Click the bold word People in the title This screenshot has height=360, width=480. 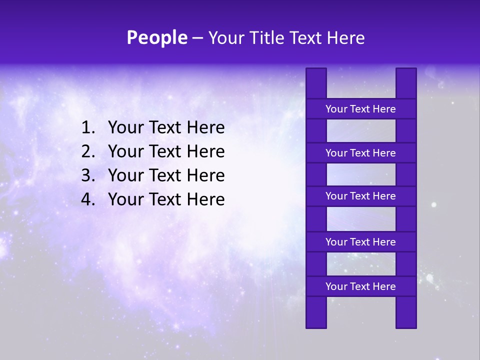click(156, 38)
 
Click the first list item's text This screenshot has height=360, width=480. click(166, 128)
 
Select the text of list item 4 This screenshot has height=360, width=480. click(166, 199)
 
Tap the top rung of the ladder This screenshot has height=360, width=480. click(360, 109)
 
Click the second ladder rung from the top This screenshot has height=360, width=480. click(360, 153)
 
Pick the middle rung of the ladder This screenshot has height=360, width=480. click(360, 196)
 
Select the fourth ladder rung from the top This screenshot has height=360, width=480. click(360, 242)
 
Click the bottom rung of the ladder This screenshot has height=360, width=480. click(360, 286)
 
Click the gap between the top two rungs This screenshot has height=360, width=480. click(360, 131)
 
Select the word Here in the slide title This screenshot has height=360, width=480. click(346, 38)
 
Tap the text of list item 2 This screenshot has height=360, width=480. click(166, 151)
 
